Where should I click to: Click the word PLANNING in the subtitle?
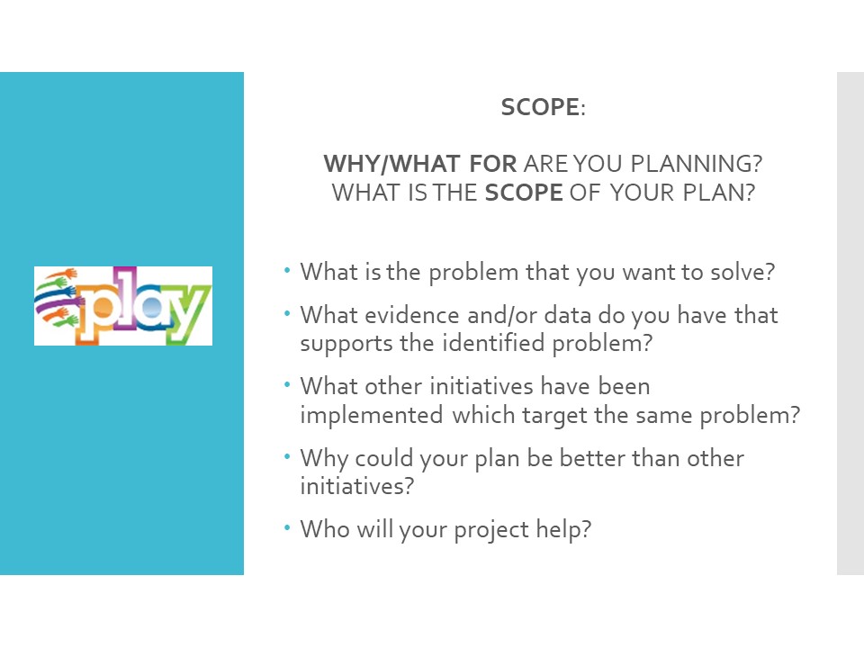697,164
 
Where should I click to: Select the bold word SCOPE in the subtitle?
524,193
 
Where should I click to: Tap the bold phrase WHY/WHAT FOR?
420,164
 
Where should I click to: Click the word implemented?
372,415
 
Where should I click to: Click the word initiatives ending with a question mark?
356,487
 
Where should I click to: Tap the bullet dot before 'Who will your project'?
287,528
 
